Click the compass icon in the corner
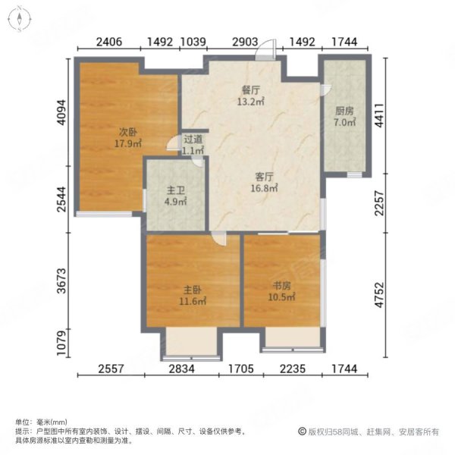point(17,17)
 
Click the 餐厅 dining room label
point(250,89)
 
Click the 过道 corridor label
point(193,140)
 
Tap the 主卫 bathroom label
point(175,192)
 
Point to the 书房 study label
point(282,286)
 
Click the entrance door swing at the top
point(263,50)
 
